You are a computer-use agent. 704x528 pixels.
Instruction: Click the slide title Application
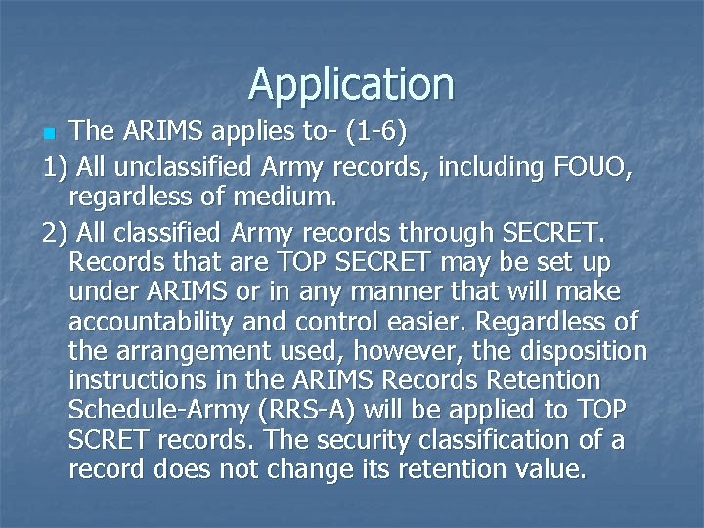(351, 84)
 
